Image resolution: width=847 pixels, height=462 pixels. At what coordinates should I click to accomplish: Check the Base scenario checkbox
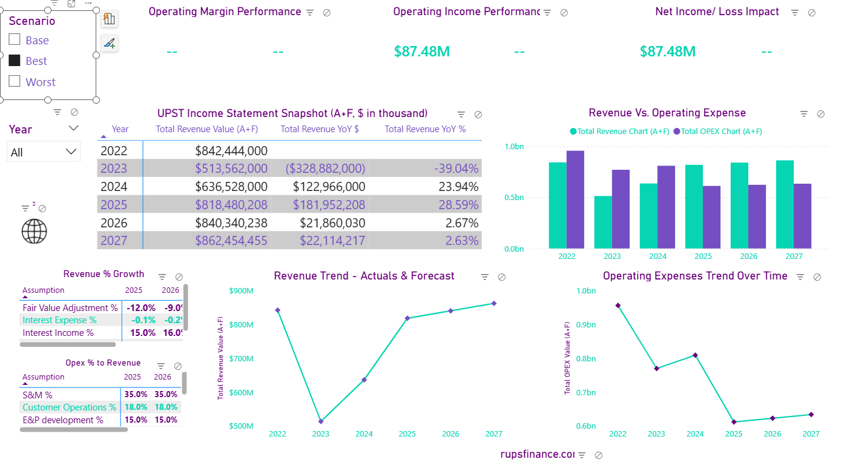15,40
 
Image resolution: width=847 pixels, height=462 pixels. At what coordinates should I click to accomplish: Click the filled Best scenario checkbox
15,61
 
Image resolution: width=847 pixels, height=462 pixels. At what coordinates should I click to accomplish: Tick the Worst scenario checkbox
15,81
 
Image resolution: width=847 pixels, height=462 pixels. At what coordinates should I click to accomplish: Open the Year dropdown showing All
44,152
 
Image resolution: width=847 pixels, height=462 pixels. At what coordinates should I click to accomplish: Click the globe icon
34,231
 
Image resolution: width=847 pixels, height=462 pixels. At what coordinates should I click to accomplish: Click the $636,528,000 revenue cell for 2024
231,187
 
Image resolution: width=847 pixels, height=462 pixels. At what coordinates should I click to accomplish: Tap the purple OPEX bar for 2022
575,199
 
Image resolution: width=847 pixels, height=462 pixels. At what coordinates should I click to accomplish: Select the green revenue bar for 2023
603,222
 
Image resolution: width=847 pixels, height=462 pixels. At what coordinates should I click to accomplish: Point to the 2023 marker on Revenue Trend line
321,421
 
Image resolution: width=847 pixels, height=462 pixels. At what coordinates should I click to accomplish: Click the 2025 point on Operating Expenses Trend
734,422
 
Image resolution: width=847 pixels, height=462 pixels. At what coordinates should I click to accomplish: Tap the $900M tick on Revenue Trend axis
241,291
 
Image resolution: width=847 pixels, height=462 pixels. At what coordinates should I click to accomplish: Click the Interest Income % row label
58,333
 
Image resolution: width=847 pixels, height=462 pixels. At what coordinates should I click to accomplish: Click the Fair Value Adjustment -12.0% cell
142,308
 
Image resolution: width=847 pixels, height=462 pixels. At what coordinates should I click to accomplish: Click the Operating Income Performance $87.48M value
422,52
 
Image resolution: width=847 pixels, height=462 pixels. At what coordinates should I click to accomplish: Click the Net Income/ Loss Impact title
717,12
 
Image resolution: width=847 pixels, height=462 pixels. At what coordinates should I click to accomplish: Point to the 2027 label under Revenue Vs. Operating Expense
794,256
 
